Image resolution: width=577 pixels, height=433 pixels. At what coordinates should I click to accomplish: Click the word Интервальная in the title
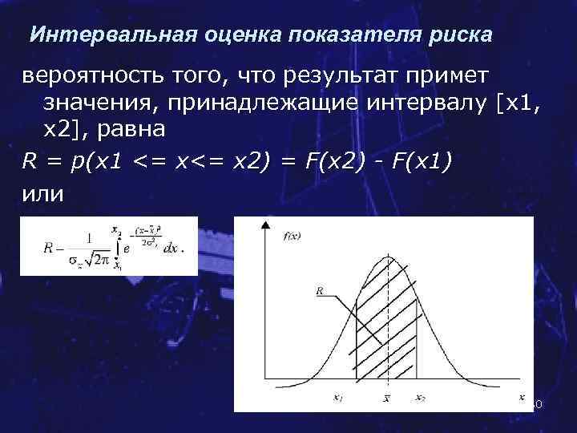coord(99,36)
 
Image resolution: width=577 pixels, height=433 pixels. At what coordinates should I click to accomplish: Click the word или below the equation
coord(42,194)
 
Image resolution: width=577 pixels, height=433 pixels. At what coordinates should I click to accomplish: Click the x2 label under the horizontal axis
coord(420,396)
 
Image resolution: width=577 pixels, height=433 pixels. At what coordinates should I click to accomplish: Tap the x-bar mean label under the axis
coord(386,398)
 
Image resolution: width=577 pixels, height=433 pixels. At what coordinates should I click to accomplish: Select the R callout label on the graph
coord(321,293)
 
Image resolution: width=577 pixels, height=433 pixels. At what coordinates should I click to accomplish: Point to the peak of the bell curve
coord(387,257)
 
